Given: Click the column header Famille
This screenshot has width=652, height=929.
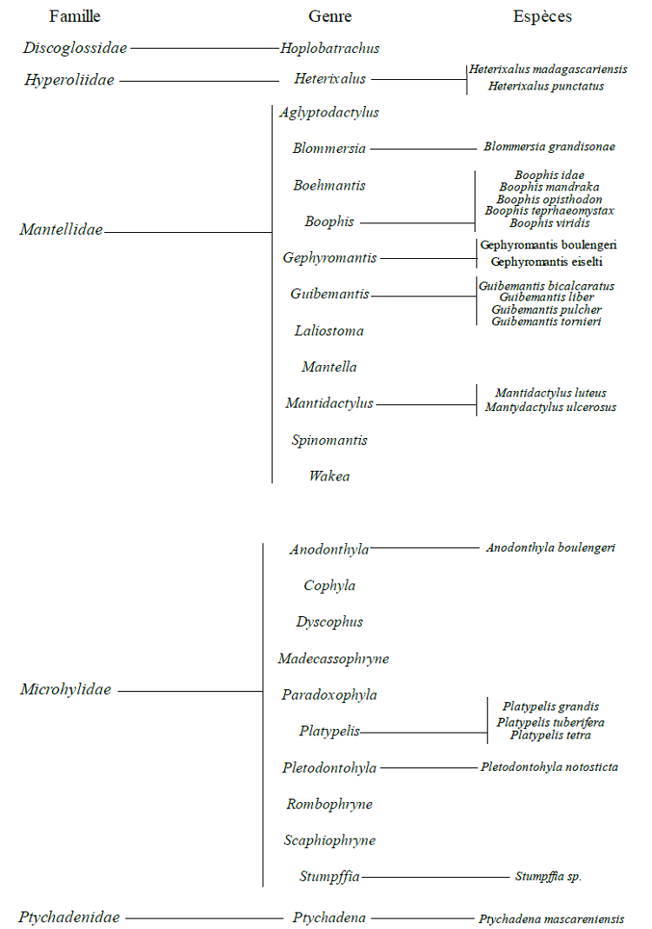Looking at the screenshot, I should (75, 17).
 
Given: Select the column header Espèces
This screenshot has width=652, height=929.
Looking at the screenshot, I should (542, 17).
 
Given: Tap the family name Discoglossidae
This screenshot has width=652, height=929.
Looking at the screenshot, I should (75, 48).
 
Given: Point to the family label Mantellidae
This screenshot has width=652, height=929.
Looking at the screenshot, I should (61, 230).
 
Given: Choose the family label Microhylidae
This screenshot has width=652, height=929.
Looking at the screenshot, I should (65, 690).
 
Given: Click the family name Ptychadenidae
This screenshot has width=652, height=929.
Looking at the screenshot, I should (69, 917).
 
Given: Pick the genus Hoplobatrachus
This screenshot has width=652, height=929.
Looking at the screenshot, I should (329, 49).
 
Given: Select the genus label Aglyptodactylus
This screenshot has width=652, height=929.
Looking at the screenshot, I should (329, 112).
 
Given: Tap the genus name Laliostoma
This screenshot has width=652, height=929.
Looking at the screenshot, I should (329, 331).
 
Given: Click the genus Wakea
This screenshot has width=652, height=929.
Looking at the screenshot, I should (329, 476).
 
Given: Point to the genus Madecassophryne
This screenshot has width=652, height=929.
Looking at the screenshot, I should (333, 659).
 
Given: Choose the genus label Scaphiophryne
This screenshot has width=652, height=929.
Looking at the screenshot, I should (329, 840).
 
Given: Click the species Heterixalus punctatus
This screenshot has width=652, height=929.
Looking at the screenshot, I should (546, 86).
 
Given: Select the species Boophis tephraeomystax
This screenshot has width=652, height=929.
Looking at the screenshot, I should (549, 211).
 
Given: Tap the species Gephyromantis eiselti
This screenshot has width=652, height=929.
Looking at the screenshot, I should (547, 261).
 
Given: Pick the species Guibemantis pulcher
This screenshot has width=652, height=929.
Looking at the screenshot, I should (546, 309).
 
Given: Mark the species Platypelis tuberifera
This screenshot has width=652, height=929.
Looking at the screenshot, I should (550, 722).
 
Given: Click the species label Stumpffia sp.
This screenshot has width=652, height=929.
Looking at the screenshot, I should (548, 877).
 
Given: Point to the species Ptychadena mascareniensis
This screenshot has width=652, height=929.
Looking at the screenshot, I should (551, 919).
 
